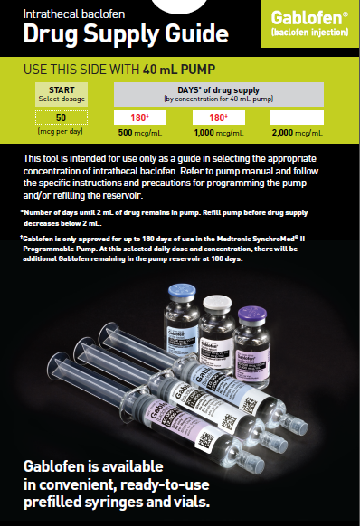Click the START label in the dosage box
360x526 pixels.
pos(62,90)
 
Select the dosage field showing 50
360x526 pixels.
pos(62,117)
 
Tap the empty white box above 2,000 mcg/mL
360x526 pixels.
pos(296,117)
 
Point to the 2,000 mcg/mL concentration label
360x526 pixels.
pos(296,133)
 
